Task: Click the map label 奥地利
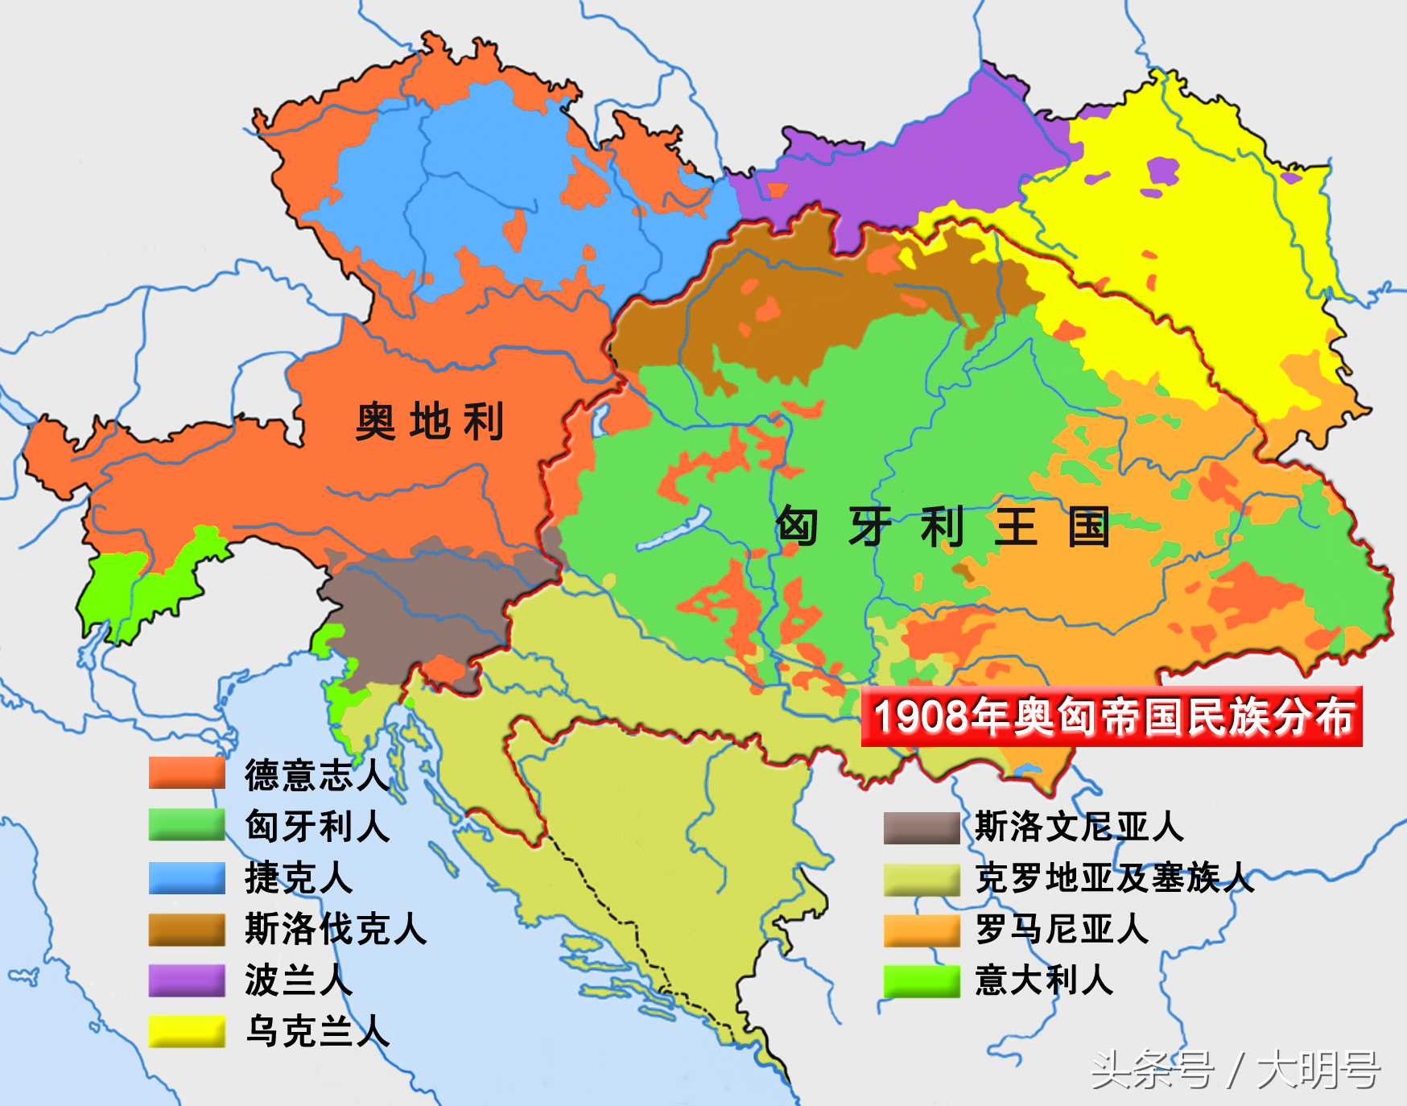(x=430, y=421)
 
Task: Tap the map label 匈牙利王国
(x=943, y=527)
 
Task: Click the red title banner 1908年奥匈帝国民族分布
(x=1112, y=716)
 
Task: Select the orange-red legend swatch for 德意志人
(x=187, y=774)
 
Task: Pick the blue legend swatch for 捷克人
(x=187, y=877)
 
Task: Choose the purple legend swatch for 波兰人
(x=187, y=980)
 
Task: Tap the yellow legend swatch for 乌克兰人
(x=187, y=1031)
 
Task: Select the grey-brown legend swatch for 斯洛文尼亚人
(x=922, y=827)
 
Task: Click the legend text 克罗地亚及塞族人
(x=1114, y=878)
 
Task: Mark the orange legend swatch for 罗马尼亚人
(x=922, y=930)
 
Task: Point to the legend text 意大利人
(x=1044, y=980)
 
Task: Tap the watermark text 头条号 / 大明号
(x=1236, y=1070)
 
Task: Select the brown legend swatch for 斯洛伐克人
(x=187, y=929)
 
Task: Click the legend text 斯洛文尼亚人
(x=1079, y=827)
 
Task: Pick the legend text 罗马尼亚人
(x=1062, y=929)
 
